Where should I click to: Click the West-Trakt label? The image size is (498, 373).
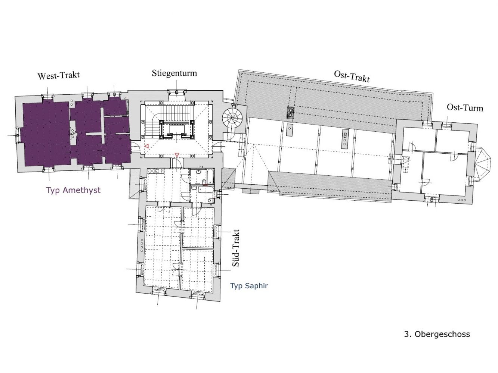[x=59, y=76]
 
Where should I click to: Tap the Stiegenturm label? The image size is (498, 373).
[x=174, y=73]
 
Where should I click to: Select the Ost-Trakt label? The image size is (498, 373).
[x=352, y=76]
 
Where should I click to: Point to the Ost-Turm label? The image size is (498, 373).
[x=465, y=107]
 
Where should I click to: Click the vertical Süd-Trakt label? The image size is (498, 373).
[x=236, y=248]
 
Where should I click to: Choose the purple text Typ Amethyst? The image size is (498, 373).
[x=73, y=190]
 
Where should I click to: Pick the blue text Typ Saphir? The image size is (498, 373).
[x=249, y=286]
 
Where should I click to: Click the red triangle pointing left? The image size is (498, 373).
[x=147, y=146]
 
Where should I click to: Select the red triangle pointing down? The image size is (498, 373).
[x=177, y=155]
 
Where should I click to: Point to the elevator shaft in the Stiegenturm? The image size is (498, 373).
[x=176, y=130]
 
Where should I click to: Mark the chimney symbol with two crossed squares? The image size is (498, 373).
[x=290, y=112]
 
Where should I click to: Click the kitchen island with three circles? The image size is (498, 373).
[x=345, y=139]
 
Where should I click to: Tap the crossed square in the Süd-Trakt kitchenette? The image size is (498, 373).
[x=151, y=171]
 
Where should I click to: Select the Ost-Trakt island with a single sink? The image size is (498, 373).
[x=290, y=130]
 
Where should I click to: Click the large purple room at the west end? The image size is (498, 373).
[x=46, y=134]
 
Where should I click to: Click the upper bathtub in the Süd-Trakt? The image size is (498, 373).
[x=210, y=177]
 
